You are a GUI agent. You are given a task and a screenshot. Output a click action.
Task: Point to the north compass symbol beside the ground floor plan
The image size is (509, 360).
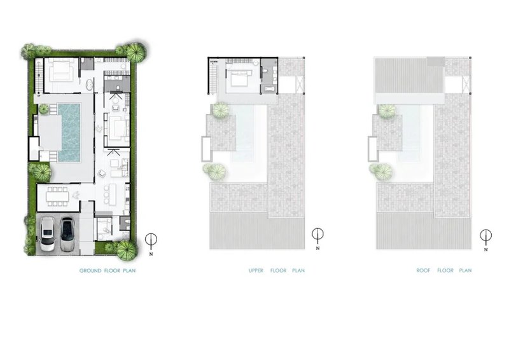pos(151,240)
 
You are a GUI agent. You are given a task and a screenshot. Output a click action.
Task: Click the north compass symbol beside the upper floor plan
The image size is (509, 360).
pos(317,235)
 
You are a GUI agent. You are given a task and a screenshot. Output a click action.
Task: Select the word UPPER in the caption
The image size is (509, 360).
pos(256,271)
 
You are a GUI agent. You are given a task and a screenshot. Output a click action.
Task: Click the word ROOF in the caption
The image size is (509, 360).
pos(424,271)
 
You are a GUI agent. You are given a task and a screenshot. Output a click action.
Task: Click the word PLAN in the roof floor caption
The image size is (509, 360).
pos(465,271)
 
